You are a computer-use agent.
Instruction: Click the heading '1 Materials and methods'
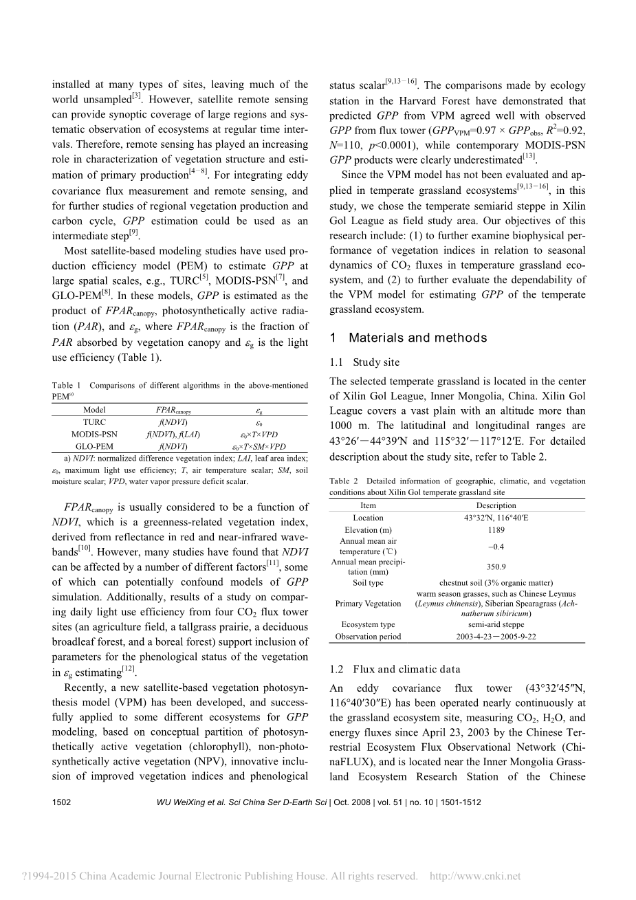click(408, 338)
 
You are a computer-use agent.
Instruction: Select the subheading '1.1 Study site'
click(364, 362)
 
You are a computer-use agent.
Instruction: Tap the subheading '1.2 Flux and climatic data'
click(395, 669)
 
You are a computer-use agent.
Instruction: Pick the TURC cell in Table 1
click(94, 422)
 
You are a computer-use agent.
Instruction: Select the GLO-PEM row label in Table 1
click(94, 446)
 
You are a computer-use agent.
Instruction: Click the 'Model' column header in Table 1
click(94, 410)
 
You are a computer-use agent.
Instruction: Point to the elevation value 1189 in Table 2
click(496, 530)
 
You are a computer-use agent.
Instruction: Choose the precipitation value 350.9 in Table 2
click(496, 567)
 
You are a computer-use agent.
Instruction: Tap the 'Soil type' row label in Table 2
click(368, 583)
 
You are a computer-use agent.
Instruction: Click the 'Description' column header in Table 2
click(496, 505)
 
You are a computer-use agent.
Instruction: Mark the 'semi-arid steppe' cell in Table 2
click(496, 624)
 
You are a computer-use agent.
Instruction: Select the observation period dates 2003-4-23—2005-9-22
click(496, 637)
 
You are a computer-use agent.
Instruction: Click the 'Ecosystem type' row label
click(368, 624)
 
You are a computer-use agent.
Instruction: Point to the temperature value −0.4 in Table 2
click(496, 547)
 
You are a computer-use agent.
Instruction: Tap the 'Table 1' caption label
click(67, 386)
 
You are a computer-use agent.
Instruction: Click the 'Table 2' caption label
click(344, 481)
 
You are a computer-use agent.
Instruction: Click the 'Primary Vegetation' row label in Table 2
click(368, 604)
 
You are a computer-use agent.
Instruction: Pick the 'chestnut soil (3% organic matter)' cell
click(496, 583)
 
